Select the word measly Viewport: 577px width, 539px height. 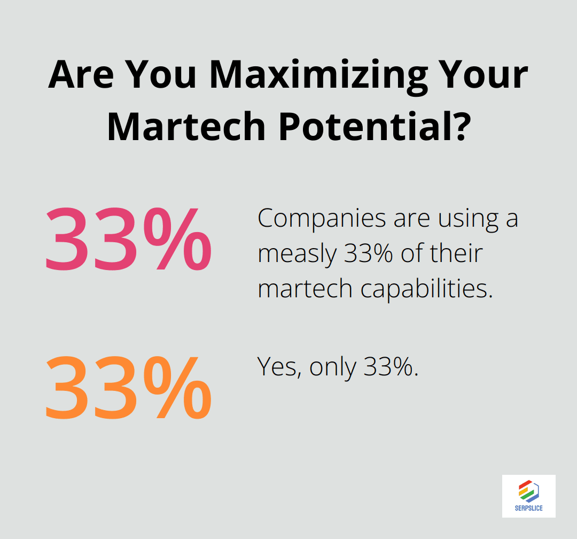(x=297, y=253)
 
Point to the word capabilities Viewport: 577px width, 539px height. (x=425, y=289)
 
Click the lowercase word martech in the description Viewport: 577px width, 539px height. (x=306, y=289)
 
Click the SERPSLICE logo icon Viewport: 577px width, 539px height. (x=528, y=491)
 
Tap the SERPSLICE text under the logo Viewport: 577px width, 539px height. (x=528, y=509)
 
